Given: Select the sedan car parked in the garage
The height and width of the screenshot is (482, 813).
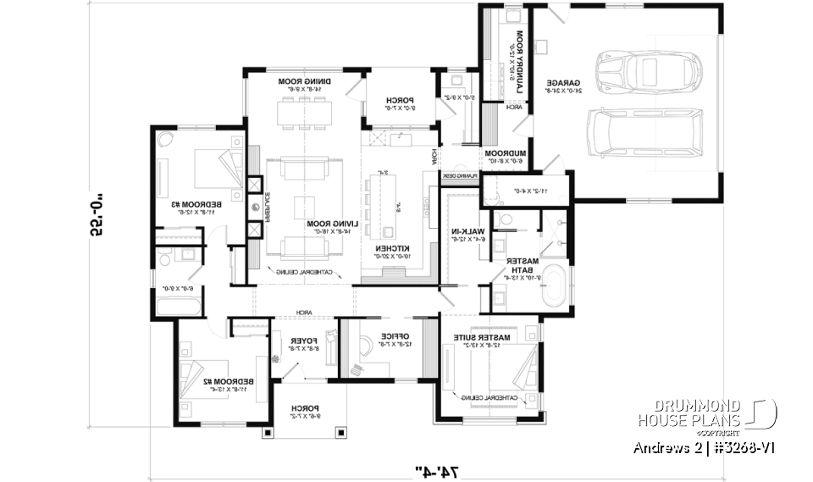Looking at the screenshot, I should [x=649, y=74].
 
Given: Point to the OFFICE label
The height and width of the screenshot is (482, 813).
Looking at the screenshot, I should [x=395, y=336].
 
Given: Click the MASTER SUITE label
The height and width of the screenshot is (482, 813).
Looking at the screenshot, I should [x=481, y=337].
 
